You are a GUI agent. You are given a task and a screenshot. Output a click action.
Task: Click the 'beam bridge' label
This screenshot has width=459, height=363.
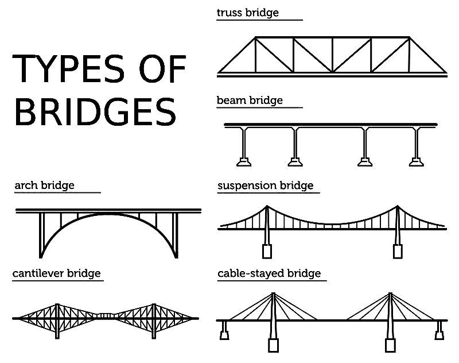(250, 101)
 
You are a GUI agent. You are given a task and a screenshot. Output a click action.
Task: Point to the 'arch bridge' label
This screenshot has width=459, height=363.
(44, 186)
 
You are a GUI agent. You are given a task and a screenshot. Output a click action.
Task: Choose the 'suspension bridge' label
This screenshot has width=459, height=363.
(266, 186)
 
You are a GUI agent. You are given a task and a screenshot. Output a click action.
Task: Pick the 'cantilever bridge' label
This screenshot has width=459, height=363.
(57, 273)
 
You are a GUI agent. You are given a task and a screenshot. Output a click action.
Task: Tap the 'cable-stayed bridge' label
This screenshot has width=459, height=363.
(269, 273)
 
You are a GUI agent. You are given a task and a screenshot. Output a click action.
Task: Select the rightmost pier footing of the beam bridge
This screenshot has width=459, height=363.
(415, 160)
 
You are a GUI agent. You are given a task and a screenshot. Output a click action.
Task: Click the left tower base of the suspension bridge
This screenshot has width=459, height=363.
(267, 250)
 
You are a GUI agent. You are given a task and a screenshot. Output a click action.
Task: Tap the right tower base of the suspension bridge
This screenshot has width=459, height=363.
(398, 250)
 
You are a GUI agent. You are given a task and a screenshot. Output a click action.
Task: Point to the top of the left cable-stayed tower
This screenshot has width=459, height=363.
(273, 294)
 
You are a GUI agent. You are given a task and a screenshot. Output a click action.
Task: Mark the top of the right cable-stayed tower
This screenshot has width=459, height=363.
(390, 294)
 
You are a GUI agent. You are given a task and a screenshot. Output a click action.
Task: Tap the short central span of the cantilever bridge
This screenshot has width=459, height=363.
(106, 315)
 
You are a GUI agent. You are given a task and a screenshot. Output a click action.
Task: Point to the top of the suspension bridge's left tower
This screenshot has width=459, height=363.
(267, 207)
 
